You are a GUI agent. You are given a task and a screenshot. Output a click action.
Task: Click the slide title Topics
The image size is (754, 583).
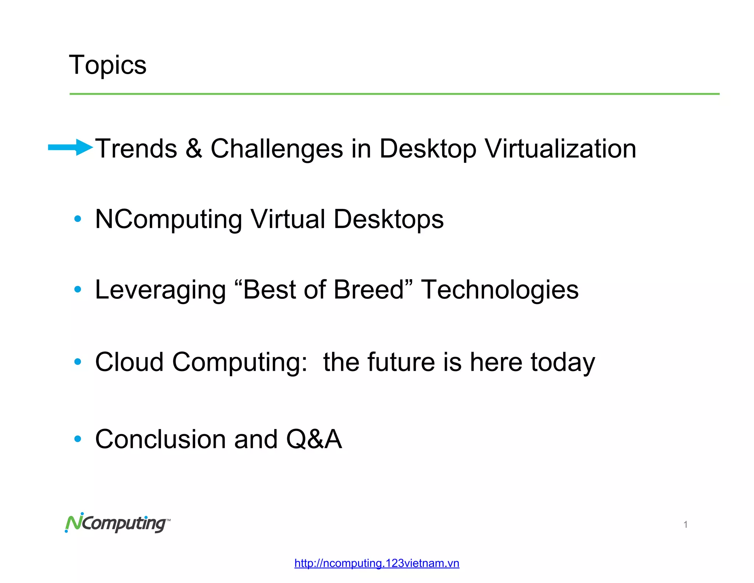108,65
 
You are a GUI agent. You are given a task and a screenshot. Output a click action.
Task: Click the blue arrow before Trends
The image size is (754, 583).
70,147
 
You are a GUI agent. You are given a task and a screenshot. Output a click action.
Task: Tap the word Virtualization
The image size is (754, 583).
560,149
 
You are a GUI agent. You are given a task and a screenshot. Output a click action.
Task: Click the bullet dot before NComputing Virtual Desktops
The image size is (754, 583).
77,219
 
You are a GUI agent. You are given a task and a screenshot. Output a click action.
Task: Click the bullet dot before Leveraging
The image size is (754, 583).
77,289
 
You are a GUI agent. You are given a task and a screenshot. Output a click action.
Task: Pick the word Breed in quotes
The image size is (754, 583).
369,290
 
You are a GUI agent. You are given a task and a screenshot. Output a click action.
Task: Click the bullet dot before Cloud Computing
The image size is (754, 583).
77,362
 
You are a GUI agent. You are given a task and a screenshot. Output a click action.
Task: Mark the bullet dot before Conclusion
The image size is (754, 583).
77,439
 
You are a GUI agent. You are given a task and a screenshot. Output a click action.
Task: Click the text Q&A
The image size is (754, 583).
314,439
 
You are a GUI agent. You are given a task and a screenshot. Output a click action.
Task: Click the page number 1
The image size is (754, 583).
686,524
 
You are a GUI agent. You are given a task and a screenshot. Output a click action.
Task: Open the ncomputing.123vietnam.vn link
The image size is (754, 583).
377,563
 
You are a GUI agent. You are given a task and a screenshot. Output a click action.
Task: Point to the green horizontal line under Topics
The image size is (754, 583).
394,94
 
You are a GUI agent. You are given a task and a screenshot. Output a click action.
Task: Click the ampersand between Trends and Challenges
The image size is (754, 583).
194,149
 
